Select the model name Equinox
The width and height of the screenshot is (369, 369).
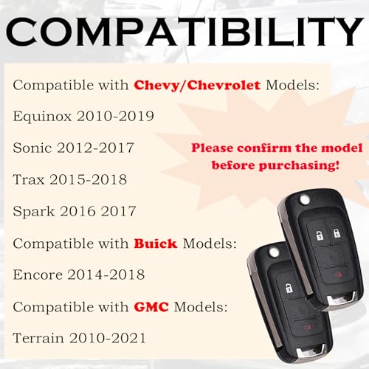42,116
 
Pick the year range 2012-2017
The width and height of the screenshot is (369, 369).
96,148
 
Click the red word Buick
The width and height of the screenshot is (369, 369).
155,243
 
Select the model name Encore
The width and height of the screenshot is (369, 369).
38,275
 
